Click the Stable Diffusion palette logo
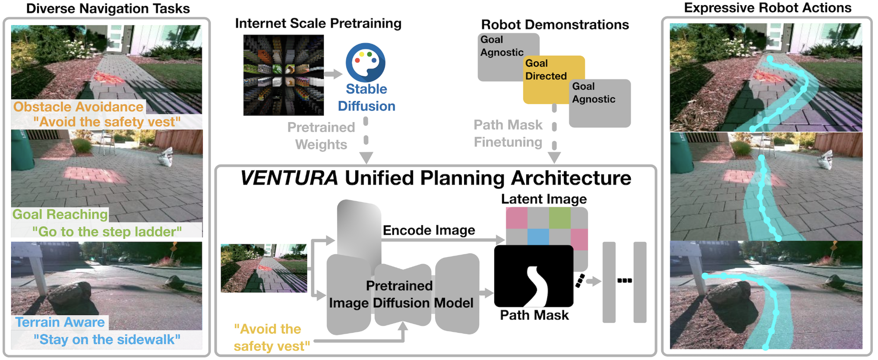pos(365,62)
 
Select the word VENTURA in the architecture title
pos(289,178)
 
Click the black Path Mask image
pos(534,276)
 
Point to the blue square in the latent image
pos(538,237)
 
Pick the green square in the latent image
pos(559,218)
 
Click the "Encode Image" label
pos(429,231)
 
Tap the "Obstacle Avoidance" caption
pos(78,107)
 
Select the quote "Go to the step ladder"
pos(107,232)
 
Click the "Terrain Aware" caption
pos(60,322)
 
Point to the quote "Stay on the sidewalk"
pos(107,340)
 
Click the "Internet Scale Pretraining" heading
pos(318,23)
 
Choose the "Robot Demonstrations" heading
pos(555,25)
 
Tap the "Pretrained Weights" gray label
pos(321,136)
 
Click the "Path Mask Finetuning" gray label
pos(508,133)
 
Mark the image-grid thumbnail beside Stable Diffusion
pos(283,75)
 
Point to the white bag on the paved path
pos(165,158)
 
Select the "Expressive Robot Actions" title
pos(767,8)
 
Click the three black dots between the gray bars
pos(624,281)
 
